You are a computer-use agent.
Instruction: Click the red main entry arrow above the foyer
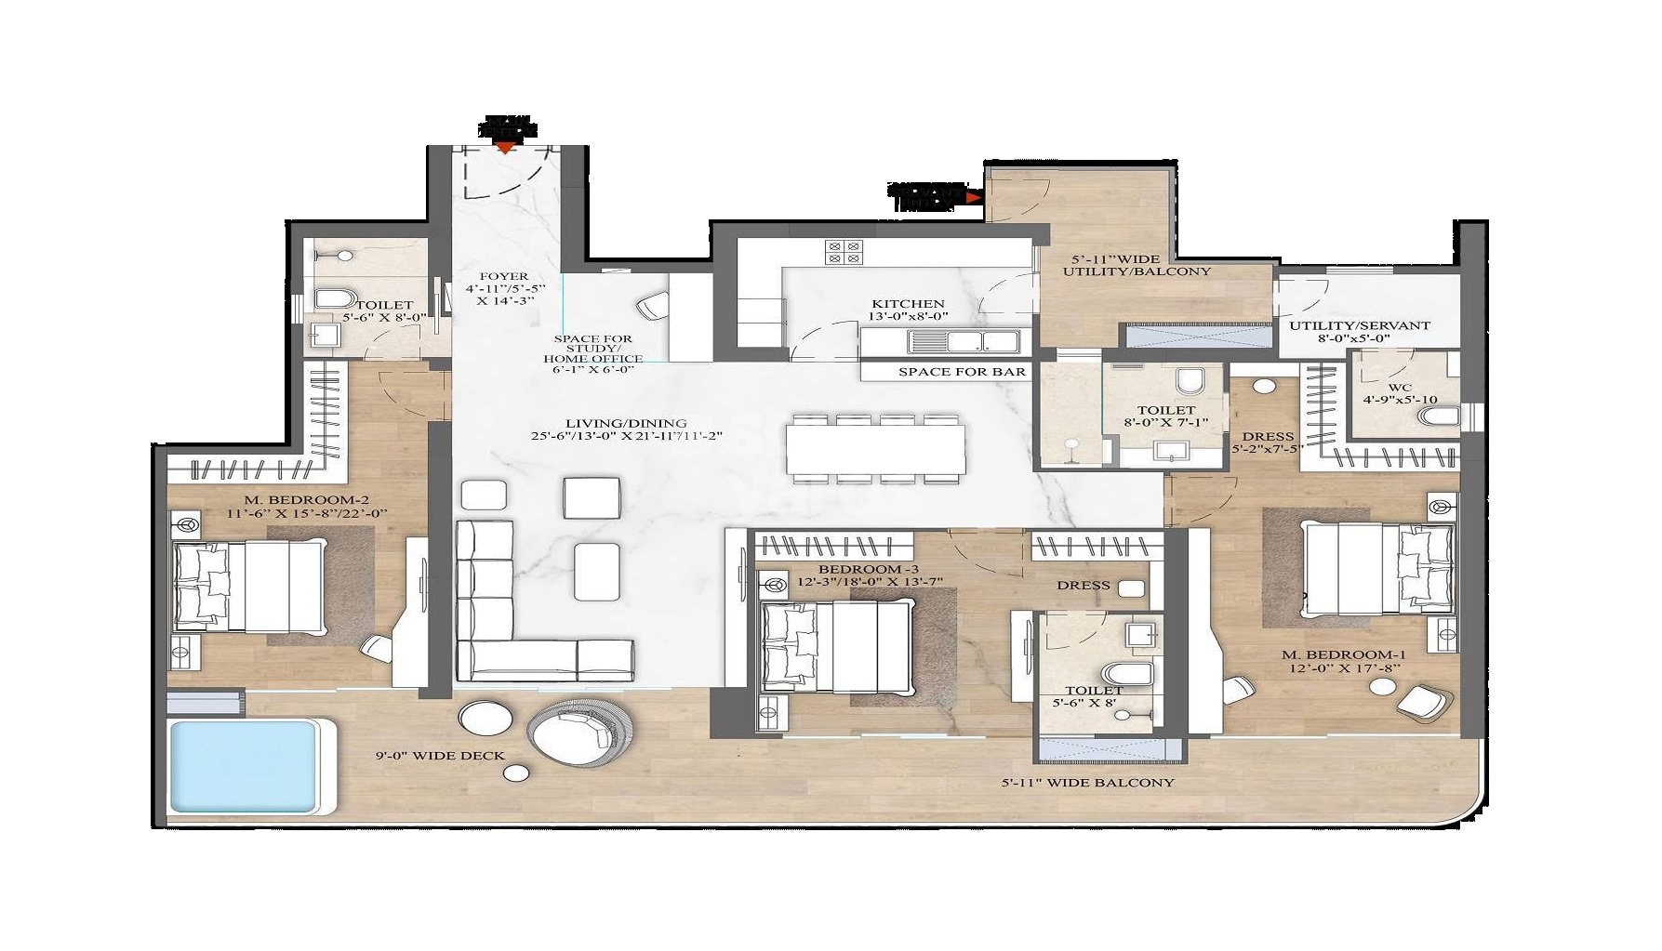(505, 147)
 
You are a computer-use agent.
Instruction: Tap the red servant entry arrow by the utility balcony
(974, 197)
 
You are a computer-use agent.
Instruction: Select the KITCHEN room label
(908, 304)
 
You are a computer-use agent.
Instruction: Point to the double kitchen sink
(963, 342)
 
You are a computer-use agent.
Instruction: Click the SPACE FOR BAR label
(962, 372)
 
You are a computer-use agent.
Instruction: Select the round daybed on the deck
(582, 731)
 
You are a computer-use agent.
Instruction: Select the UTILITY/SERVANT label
(1358, 325)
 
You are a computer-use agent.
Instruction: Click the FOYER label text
(503, 276)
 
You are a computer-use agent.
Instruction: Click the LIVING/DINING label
(621, 423)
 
